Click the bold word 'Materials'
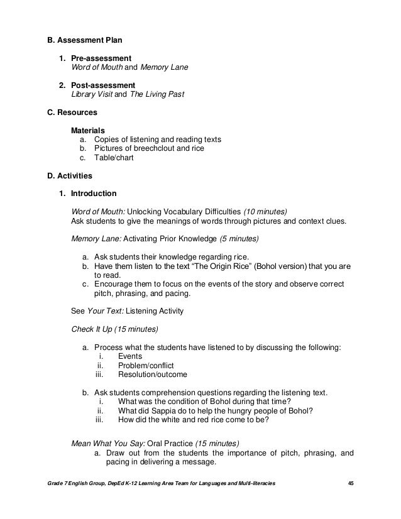(87, 130)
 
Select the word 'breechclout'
(153, 148)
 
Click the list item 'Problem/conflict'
(146, 365)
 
